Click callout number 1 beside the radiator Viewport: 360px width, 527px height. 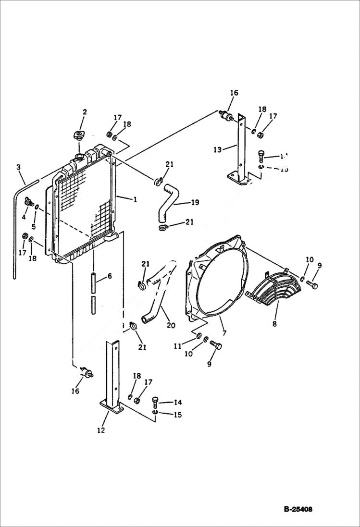coord(135,199)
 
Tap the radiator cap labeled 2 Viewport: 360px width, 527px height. coord(77,134)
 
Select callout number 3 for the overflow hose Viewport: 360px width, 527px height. coord(18,167)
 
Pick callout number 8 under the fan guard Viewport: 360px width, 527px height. coord(274,324)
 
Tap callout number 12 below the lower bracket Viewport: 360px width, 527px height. coord(101,430)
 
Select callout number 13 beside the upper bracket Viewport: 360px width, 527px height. coord(218,149)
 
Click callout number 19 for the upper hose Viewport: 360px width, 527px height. coord(194,203)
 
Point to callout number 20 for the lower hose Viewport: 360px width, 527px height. coord(171,325)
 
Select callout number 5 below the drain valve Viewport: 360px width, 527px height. coord(34,227)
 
